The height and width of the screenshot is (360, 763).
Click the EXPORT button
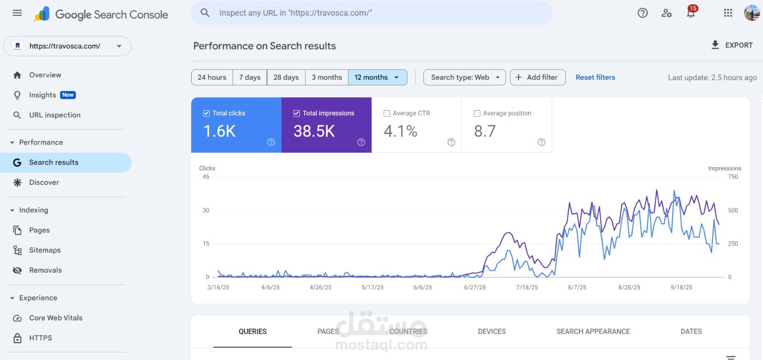pyautogui.click(x=732, y=45)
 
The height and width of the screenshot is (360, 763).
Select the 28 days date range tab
pyautogui.click(x=286, y=77)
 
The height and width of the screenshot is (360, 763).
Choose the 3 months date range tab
pyautogui.click(x=327, y=77)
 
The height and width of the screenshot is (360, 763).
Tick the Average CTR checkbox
pyautogui.click(x=387, y=113)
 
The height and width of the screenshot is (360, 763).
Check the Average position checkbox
pyautogui.click(x=477, y=113)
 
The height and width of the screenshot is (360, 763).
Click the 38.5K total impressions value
pyautogui.click(x=314, y=131)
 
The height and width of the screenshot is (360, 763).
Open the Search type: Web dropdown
pyautogui.click(x=464, y=77)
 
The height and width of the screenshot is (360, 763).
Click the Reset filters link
pyautogui.click(x=595, y=77)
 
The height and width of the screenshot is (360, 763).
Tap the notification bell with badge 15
pyautogui.click(x=691, y=13)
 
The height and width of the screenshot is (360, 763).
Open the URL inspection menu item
pyautogui.click(x=55, y=115)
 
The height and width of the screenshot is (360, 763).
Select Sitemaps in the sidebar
pyautogui.click(x=45, y=250)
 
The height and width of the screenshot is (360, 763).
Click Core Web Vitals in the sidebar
pyautogui.click(x=56, y=318)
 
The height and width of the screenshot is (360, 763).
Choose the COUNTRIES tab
pyautogui.click(x=408, y=331)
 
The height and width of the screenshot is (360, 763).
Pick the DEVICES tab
pyautogui.click(x=492, y=331)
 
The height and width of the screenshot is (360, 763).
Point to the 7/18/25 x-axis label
pyautogui.click(x=527, y=288)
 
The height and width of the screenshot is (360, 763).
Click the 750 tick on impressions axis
pyautogui.click(x=733, y=177)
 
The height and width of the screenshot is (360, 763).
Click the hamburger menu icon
pyautogui.click(x=17, y=13)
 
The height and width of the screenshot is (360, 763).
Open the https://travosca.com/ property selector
pyautogui.click(x=67, y=46)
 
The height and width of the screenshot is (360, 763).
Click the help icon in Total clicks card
pyautogui.click(x=271, y=142)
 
